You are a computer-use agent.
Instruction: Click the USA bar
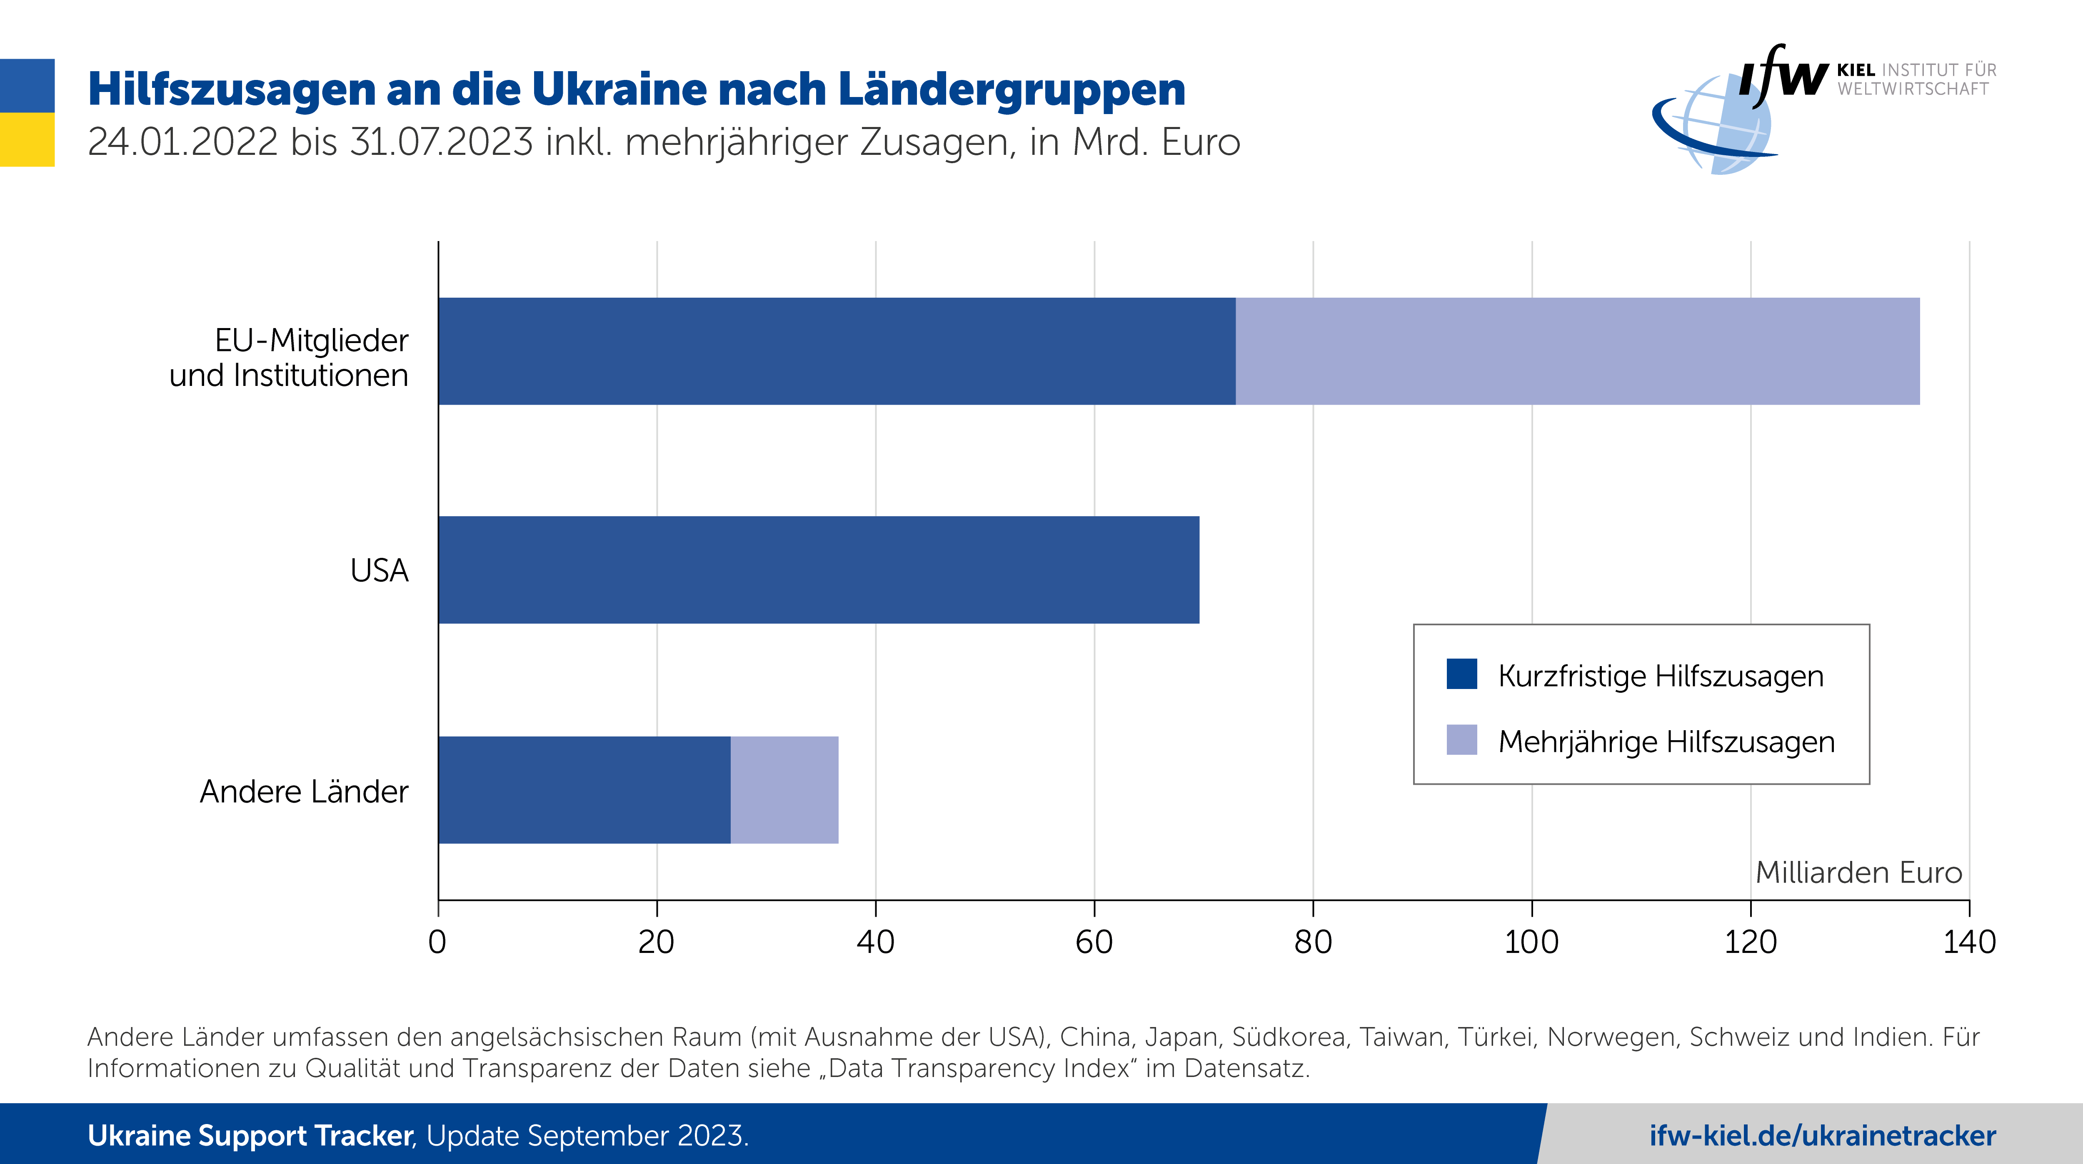818,570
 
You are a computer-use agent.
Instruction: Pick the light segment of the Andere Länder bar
784,790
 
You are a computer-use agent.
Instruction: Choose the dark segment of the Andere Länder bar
584,790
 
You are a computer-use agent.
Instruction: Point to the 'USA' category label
379,571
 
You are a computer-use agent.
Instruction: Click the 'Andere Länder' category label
304,791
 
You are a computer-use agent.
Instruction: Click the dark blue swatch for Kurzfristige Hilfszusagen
1461,674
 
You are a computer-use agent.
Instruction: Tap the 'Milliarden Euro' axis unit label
1858,872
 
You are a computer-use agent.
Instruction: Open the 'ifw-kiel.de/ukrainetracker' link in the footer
1822,1136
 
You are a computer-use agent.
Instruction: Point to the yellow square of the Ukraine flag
27,140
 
